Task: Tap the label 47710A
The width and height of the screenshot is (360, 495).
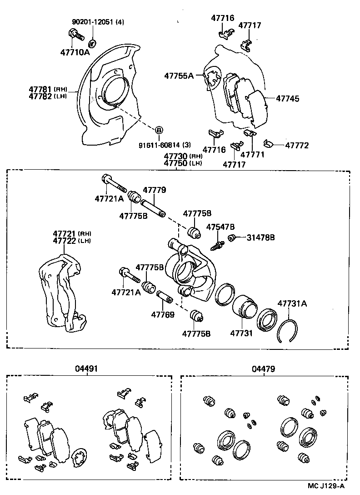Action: point(75,52)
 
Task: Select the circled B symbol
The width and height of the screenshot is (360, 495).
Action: point(159,130)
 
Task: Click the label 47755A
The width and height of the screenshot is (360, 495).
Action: point(179,76)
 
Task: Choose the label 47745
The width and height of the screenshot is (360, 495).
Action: point(287,98)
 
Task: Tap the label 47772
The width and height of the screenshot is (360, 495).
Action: point(297,146)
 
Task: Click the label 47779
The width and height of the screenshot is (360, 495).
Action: point(155,190)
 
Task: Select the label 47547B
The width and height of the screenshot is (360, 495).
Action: point(220,227)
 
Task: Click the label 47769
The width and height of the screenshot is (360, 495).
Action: point(163,314)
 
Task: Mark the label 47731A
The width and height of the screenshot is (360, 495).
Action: point(292,303)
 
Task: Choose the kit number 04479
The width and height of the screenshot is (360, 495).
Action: point(263,369)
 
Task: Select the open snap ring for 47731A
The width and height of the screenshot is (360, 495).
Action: point(288,331)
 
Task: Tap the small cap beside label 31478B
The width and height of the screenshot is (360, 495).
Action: point(231,237)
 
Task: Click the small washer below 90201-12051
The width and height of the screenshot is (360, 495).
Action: point(91,43)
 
